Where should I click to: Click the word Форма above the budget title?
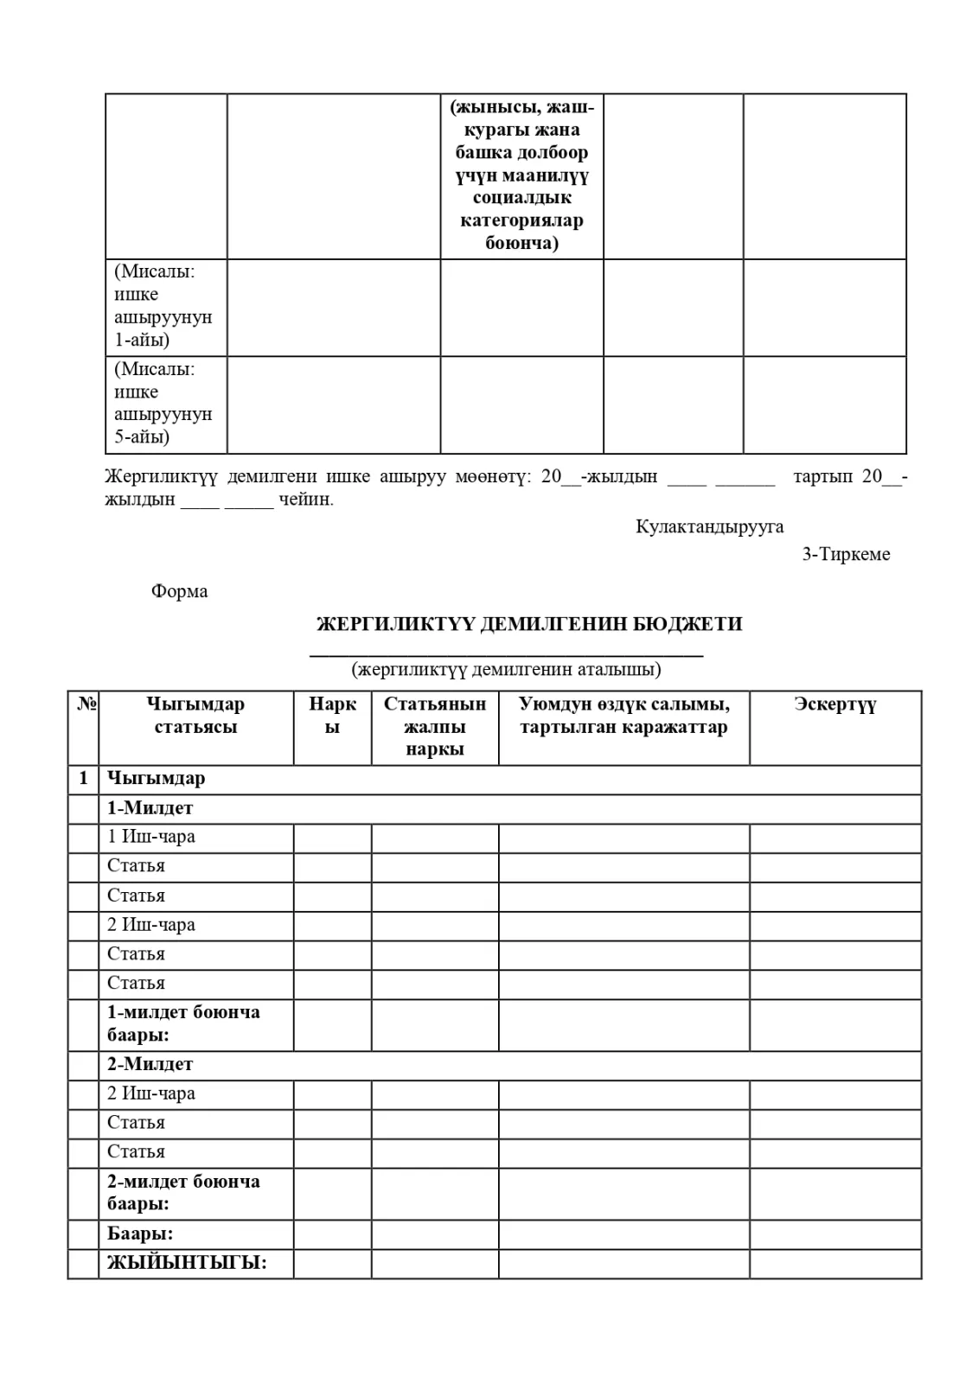point(179,592)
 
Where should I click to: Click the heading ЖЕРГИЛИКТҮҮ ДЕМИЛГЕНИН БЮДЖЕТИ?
point(529,624)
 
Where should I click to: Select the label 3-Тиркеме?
point(845,555)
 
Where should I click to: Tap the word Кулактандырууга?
point(709,526)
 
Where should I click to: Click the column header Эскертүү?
point(834,704)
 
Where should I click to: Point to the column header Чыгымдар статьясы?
point(195,716)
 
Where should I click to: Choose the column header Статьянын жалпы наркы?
point(435,727)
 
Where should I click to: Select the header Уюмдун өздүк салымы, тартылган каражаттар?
point(623,716)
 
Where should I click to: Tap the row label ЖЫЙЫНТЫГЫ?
point(187,1263)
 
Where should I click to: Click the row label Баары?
point(140,1234)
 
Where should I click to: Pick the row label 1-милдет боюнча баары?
point(183,1023)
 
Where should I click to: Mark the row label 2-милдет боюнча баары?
point(183,1193)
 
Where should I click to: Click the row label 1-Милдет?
point(150,808)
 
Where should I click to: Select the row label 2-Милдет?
point(150,1064)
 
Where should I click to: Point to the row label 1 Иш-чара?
point(151,837)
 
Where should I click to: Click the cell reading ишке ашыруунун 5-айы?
point(163,404)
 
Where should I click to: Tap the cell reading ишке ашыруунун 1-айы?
point(163,306)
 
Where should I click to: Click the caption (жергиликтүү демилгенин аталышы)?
point(506,669)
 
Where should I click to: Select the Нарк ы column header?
point(332,716)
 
